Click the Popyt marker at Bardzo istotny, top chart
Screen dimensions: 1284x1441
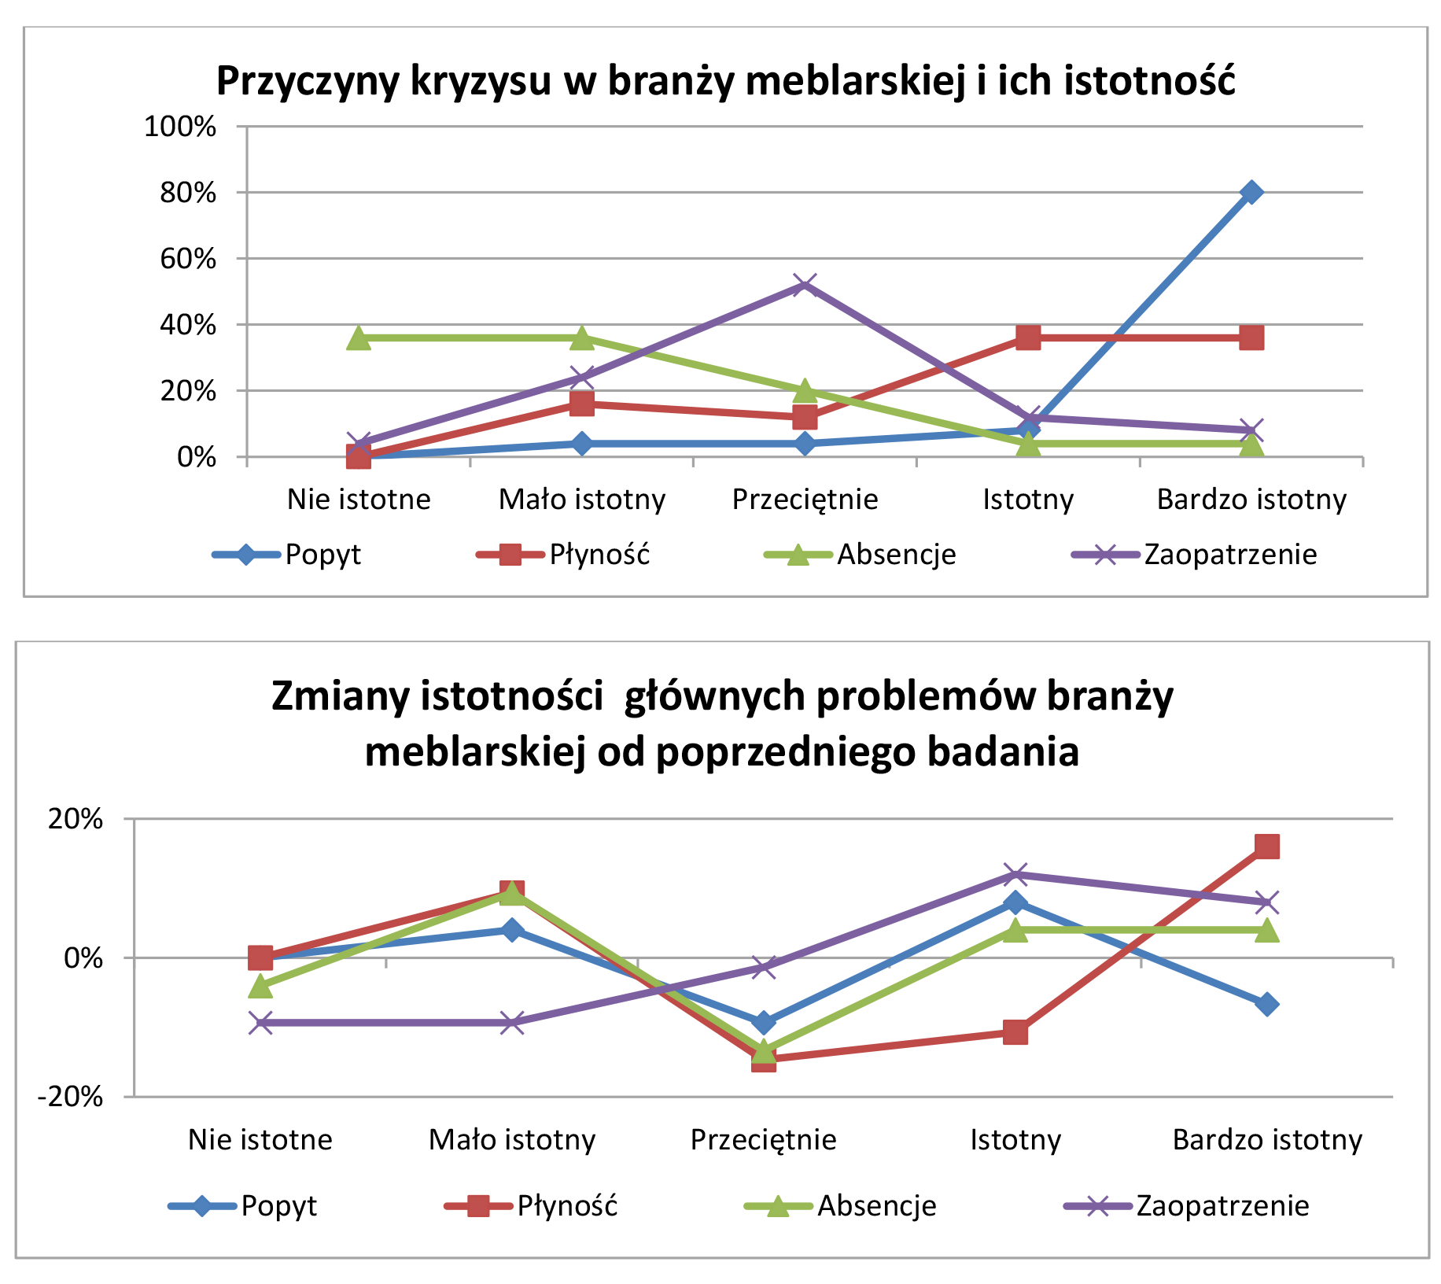[x=1251, y=192]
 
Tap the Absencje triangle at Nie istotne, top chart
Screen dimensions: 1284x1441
[x=359, y=338]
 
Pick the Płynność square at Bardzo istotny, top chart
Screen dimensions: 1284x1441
[x=1251, y=338]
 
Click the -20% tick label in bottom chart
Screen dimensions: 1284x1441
[x=71, y=1097]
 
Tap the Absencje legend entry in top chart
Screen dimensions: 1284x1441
[x=895, y=555]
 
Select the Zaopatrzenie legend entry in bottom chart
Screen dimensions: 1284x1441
[x=1222, y=1205]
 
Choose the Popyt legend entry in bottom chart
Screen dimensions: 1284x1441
[x=278, y=1205]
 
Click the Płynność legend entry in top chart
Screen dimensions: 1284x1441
[x=599, y=555]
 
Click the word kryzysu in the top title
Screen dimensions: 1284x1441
[x=480, y=81]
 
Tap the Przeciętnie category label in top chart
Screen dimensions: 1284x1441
[x=805, y=500]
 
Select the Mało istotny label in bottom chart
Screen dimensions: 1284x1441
[x=512, y=1139]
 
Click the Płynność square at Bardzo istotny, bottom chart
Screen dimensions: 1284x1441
[x=1267, y=847]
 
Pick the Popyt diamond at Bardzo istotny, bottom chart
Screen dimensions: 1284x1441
[x=1267, y=1004]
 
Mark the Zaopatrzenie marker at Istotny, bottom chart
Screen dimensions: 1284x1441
[x=1015, y=874]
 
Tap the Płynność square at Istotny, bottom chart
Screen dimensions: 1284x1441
[x=1015, y=1031]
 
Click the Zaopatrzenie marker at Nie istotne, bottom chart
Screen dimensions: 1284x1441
[x=260, y=1023]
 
